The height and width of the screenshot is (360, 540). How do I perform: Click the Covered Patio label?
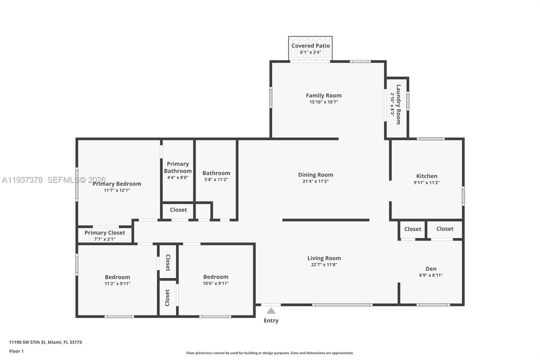[x=310, y=45]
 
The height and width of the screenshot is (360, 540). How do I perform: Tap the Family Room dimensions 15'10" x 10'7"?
[x=324, y=102]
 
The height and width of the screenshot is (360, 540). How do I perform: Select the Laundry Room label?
[x=398, y=104]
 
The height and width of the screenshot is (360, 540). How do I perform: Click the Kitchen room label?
[x=427, y=176]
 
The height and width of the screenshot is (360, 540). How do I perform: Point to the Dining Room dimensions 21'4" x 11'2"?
[x=316, y=181]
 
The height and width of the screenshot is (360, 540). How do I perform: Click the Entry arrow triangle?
[x=271, y=311]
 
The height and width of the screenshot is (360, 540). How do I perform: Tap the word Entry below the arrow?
[x=271, y=320]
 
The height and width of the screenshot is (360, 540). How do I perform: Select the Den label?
[x=431, y=268]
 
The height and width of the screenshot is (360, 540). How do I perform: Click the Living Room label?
[x=324, y=258]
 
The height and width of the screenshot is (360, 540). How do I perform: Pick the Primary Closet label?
[x=104, y=232]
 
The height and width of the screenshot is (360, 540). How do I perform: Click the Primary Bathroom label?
[x=178, y=167]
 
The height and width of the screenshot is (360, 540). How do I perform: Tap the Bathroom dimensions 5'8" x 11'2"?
[x=216, y=179]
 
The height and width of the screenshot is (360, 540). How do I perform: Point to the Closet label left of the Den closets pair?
[x=413, y=229]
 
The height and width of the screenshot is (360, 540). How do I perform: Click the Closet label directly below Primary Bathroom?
[x=178, y=210]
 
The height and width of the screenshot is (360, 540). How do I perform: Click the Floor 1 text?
[x=16, y=351]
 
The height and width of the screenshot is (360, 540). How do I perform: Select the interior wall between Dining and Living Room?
[x=326, y=220]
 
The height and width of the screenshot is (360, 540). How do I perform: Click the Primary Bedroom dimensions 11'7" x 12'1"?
[x=117, y=190]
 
